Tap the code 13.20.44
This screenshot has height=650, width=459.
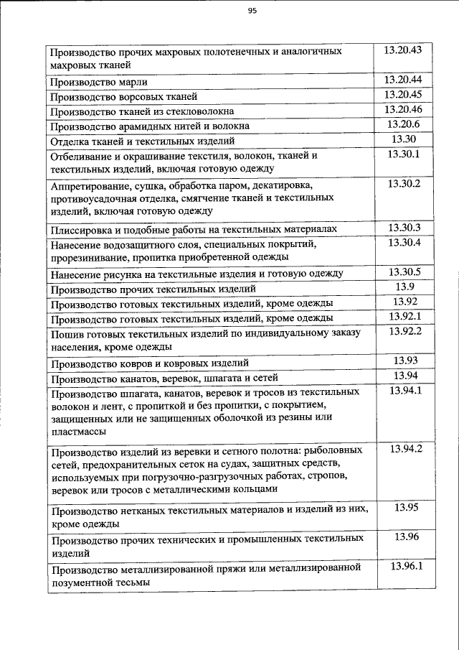pyautogui.click(x=402, y=80)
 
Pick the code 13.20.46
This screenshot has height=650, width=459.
pyautogui.click(x=402, y=109)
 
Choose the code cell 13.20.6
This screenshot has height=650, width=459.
pyautogui.click(x=402, y=124)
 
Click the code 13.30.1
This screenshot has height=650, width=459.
pyautogui.click(x=402, y=154)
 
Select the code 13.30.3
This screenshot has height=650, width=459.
pyautogui.click(x=402, y=228)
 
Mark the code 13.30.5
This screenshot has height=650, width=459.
pyautogui.click(x=402, y=271)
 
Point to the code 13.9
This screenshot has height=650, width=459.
pyautogui.click(x=402, y=287)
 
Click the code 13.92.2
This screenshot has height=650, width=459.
pyautogui.click(x=402, y=331)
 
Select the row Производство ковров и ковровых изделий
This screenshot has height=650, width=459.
pyautogui.click(x=150, y=363)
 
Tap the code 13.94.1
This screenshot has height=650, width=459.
pyautogui.click(x=405, y=391)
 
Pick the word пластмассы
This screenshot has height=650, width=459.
pyautogui.click(x=78, y=432)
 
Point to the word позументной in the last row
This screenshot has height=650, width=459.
pyautogui.click(x=80, y=582)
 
